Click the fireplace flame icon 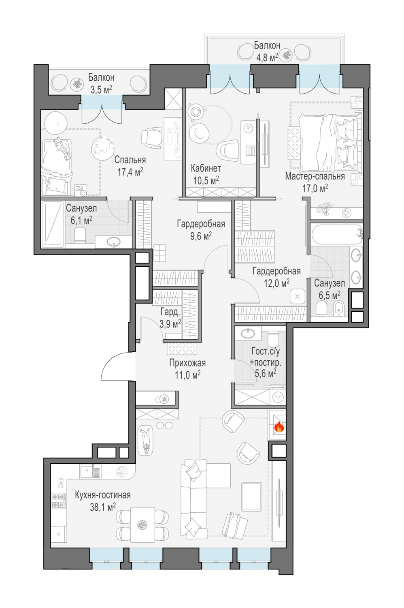pyautogui.click(x=279, y=428)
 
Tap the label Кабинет pyautogui.click(x=206, y=168)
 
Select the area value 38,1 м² pyautogui.click(x=103, y=507)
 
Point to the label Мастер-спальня pyautogui.click(x=315, y=176)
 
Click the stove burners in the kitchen pyautogui.click(x=59, y=501)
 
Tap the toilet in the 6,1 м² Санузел pyautogui.click(x=80, y=235)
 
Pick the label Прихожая pyautogui.click(x=187, y=363)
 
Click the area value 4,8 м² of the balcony pyautogui.click(x=267, y=57)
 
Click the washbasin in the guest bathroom pyautogui.click(x=247, y=333)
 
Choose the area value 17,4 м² pyautogui.click(x=130, y=172)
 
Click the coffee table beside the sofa pyautogui.click(x=252, y=497)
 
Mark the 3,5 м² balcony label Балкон pyautogui.click(x=101, y=77)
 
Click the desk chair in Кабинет pyautogui.click(x=227, y=150)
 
